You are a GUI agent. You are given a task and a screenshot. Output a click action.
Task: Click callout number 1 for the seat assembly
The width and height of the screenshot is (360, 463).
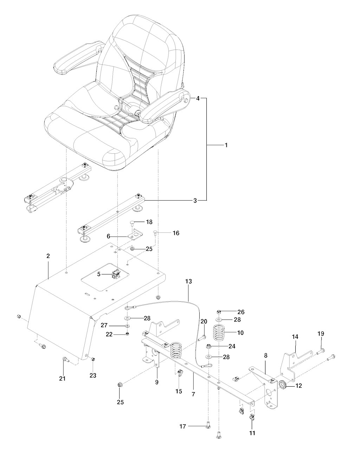226,145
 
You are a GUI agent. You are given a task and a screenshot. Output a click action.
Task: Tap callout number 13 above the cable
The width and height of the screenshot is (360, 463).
188,281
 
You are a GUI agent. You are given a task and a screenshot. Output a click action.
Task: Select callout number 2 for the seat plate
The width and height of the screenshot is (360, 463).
48,256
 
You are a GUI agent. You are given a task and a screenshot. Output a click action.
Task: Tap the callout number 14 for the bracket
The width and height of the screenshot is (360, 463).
295,337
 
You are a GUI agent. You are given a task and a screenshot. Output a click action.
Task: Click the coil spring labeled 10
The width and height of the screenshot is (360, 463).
219,333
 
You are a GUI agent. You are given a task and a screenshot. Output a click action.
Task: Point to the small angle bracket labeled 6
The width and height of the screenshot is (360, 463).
135,234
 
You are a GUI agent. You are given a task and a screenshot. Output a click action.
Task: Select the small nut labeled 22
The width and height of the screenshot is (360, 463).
127,334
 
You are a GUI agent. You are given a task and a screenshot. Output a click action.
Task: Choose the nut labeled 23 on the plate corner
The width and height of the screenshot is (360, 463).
93,359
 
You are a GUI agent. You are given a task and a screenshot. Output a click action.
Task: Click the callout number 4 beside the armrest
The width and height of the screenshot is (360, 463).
198,99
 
